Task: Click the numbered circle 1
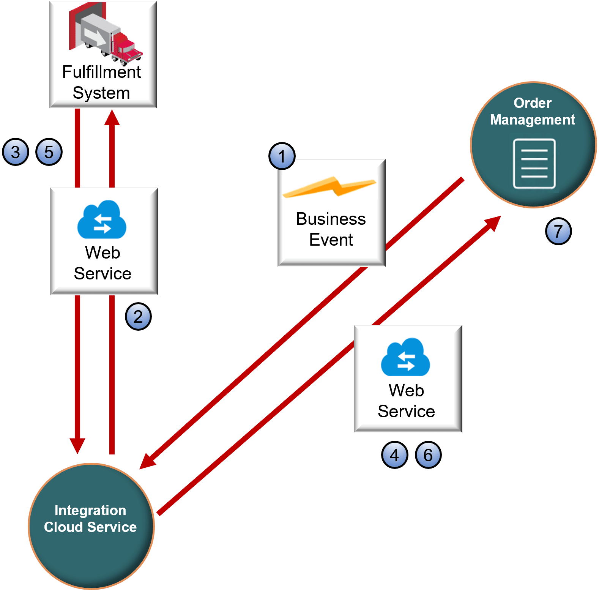282,156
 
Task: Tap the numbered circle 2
138,316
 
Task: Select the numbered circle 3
16,152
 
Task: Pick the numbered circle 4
394,455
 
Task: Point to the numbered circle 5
49,152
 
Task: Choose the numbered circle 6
428,455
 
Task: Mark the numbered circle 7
558,231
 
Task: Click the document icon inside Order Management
534,164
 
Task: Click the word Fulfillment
101,72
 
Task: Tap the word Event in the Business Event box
331,240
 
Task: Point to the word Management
532,120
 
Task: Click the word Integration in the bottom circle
90,510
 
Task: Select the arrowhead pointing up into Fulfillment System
112,118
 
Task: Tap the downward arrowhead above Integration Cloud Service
77,445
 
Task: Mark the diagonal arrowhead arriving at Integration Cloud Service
148,461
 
